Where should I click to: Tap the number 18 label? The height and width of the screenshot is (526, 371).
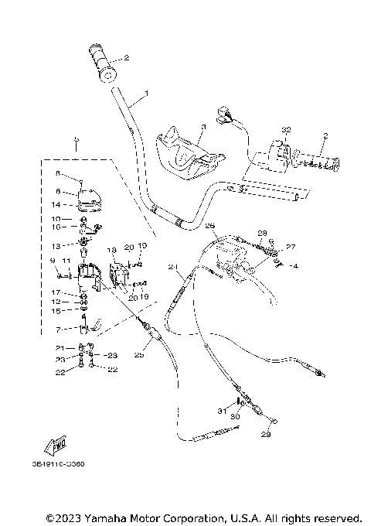pos(111,251)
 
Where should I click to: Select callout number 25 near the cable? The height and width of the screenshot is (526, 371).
pos(139,354)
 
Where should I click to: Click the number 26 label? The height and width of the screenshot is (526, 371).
pos(209,226)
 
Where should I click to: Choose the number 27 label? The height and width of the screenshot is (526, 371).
pos(291,247)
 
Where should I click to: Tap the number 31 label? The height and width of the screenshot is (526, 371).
pos(221,410)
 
